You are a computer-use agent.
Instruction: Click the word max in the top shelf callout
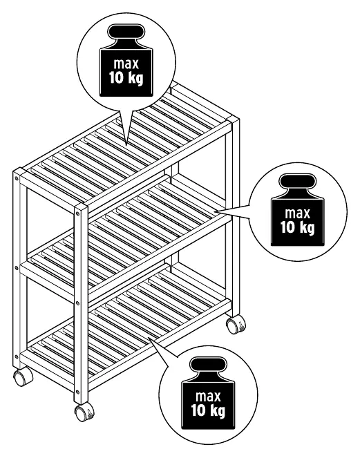coord(126,64)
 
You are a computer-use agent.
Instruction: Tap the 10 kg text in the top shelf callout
coord(126,77)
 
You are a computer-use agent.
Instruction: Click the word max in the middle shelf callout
coord(298,213)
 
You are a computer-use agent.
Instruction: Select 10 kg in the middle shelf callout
coord(298,227)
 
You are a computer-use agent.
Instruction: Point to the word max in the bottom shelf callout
coord(208,397)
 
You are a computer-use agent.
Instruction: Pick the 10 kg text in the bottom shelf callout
coord(209,411)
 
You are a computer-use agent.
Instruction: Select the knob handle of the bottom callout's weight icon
coord(208,365)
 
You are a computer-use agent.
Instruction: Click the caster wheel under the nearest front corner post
coord(84,412)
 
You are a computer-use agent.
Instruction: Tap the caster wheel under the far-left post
coord(23,376)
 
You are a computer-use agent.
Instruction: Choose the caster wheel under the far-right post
coord(236,324)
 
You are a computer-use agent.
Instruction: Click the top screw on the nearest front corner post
coord(77,214)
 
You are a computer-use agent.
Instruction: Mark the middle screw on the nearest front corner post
coord(77,303)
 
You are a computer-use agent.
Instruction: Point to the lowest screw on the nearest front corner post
coord(77,392)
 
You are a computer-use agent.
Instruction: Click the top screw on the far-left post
coord(17,178)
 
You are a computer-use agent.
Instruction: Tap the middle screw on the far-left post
coord(17,267)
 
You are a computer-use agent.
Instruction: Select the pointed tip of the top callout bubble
coord(126,145)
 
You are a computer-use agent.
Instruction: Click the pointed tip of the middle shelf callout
coord(215,211)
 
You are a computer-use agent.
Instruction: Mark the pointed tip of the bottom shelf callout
coord(149,338)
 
